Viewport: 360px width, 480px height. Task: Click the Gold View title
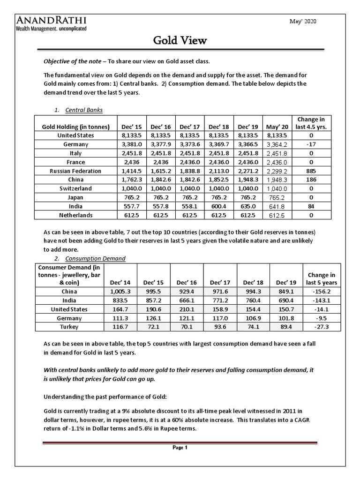180,41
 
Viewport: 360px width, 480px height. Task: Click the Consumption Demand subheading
95,258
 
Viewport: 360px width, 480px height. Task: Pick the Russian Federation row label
75,171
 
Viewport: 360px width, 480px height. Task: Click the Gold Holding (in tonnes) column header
75,127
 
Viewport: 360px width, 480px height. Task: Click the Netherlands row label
75,215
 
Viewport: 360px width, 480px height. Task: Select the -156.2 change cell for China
321,291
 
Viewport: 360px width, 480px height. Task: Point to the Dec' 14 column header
120,282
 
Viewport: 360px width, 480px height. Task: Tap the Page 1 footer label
180,447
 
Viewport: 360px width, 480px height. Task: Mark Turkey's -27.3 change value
321,326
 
